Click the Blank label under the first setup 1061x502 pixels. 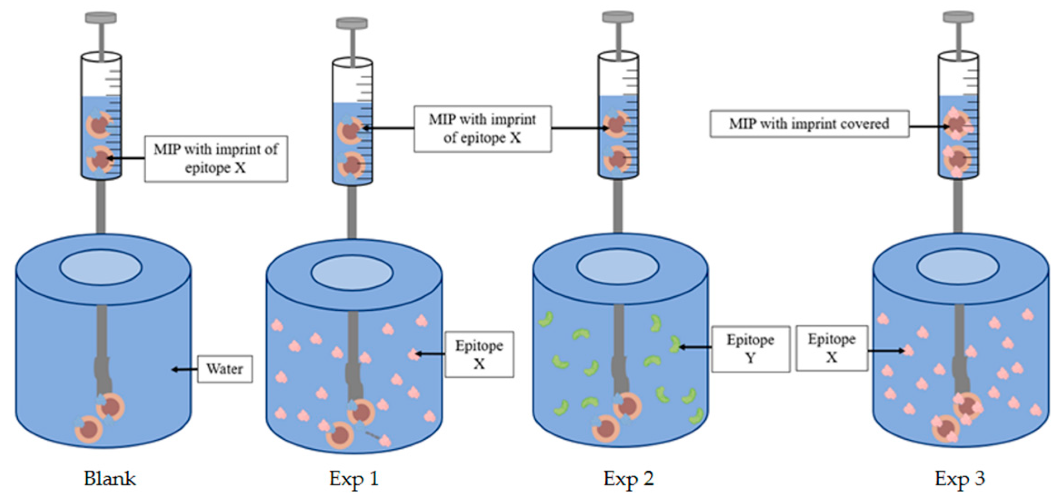pyautogui.click(x=110, y=479)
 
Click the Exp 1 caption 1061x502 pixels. pyautogui.click(x=354, y=479)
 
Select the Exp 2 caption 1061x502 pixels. pyautogui.click(x=628, y=479)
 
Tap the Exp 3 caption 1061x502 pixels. pyautogui.click(x=960, y=479)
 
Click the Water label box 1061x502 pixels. pyautogui.click(x=224, y=369)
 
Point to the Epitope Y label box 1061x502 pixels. pyautogui.click(x=750, y=349)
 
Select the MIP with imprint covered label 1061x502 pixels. pyautogui.click(x=809, y=124)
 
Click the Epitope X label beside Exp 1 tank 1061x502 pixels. pyautogui.click(x=479, y=354)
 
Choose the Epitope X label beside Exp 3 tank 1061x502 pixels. pyautogui.click(x=832, y=348)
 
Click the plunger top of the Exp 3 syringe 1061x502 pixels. pyautogui.click(x=958, y=17)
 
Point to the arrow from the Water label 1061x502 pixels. pyautogui.click(x=184, y=369)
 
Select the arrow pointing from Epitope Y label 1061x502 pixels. pyautogui.click(x=695, y=348)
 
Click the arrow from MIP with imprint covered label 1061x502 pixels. pyautogui.click(x=927, y=127)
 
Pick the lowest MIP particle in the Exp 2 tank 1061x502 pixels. pyautogui.click(x=606, y=428)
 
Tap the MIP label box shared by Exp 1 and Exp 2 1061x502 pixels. pyautogui.click(x=482, y=129)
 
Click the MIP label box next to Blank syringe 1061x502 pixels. pyautogui.click(x=216, y=159)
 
